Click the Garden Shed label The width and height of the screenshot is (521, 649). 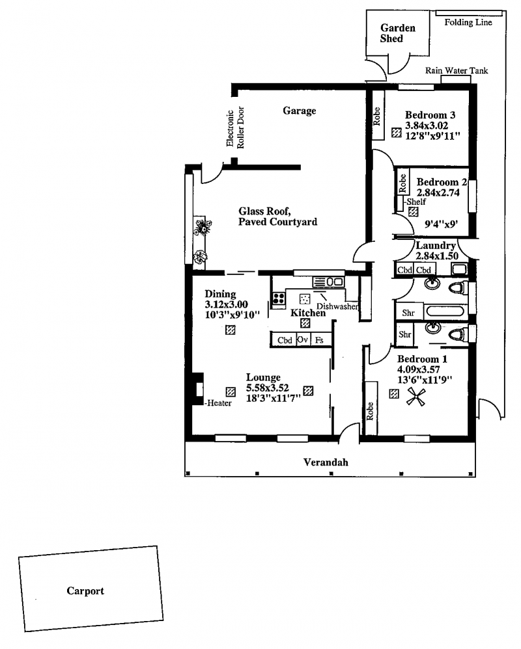point(397,33)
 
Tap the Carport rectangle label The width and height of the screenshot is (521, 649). point(85,590)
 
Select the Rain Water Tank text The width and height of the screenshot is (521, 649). point(457,70)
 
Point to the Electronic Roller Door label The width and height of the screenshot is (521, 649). point(235,127)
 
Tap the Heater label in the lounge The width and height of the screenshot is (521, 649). point(219,403)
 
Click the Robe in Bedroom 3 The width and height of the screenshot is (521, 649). point(377,116)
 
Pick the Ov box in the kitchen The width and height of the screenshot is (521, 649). point(303,339)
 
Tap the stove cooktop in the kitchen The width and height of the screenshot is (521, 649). point(279,298)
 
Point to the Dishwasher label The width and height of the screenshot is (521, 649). point(337,306)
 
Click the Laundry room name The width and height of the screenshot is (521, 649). point(436,245)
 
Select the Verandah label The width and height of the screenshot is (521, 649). point(326,462)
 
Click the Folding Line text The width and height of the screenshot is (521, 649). point(468,22)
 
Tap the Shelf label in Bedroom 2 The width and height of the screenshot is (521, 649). point(416,202)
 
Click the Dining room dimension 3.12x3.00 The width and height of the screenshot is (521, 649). point(226,304)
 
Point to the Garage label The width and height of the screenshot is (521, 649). point(300,111)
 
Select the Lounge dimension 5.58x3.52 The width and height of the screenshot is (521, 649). point(268,388)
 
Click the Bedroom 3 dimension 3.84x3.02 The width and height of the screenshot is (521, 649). point(427,126)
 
